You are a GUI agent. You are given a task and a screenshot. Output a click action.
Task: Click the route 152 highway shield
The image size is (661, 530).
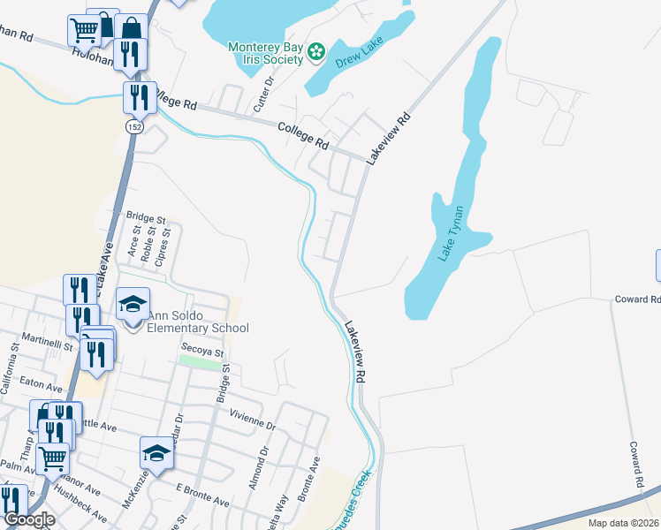[x=133, y=127]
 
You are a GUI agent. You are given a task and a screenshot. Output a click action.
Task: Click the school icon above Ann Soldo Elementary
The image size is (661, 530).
[x=133, y=305]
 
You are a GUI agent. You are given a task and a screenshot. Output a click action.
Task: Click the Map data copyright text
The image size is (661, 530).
[x=623, y=523]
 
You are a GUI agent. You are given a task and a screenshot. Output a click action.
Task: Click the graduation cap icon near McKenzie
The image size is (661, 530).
[x=156, y=454]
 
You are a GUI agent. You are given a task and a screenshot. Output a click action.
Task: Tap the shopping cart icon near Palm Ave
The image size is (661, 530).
[x=53, y=458]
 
